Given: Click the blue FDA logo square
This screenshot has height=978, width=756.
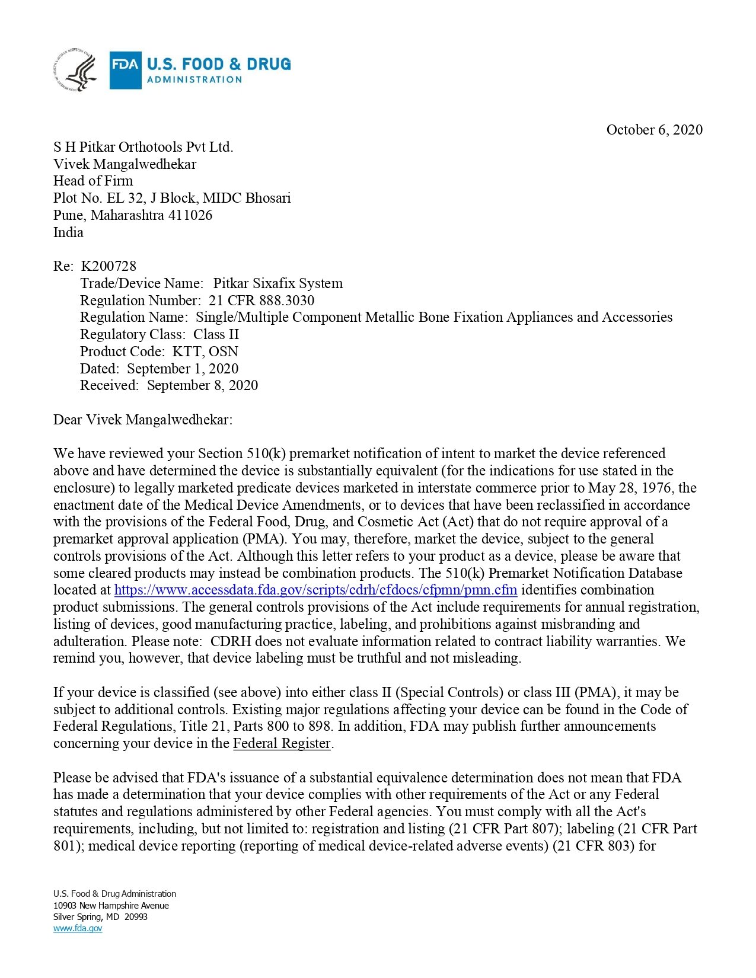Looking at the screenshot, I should tap(125, 70).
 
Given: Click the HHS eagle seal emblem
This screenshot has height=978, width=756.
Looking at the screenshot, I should tap(75, 70).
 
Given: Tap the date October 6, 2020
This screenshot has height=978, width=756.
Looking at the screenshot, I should tap(654, 130).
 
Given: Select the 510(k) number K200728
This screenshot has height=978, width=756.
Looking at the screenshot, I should tap(109, 266).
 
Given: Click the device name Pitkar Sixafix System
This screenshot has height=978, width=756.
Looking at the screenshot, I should tap(277, 283).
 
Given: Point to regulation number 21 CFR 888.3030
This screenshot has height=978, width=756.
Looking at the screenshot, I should tap(261, 301).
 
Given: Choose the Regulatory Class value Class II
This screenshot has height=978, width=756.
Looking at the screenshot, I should tap(216, 334).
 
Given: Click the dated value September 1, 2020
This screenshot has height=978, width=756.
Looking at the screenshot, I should tap(183, 369).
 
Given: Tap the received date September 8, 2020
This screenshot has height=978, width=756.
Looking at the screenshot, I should tap(202, 385).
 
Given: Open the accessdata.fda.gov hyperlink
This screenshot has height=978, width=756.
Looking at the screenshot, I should tap(315, 590).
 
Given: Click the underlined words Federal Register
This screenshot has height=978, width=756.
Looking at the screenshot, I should tap(282, 744).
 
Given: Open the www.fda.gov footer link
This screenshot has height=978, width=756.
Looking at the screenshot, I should tap(78, 928).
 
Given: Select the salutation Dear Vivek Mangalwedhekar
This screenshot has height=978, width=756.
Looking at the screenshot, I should tap(143, 420).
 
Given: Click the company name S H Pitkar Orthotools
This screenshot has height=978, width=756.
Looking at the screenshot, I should tap(143, 147).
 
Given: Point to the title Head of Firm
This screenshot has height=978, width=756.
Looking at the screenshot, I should tap(93, 181).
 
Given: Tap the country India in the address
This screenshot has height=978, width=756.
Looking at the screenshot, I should tap(68, 232).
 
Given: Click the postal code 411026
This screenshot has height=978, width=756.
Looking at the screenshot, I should tap(190, 215).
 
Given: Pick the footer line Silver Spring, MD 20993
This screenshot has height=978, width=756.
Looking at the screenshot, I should tap(100, 917).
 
